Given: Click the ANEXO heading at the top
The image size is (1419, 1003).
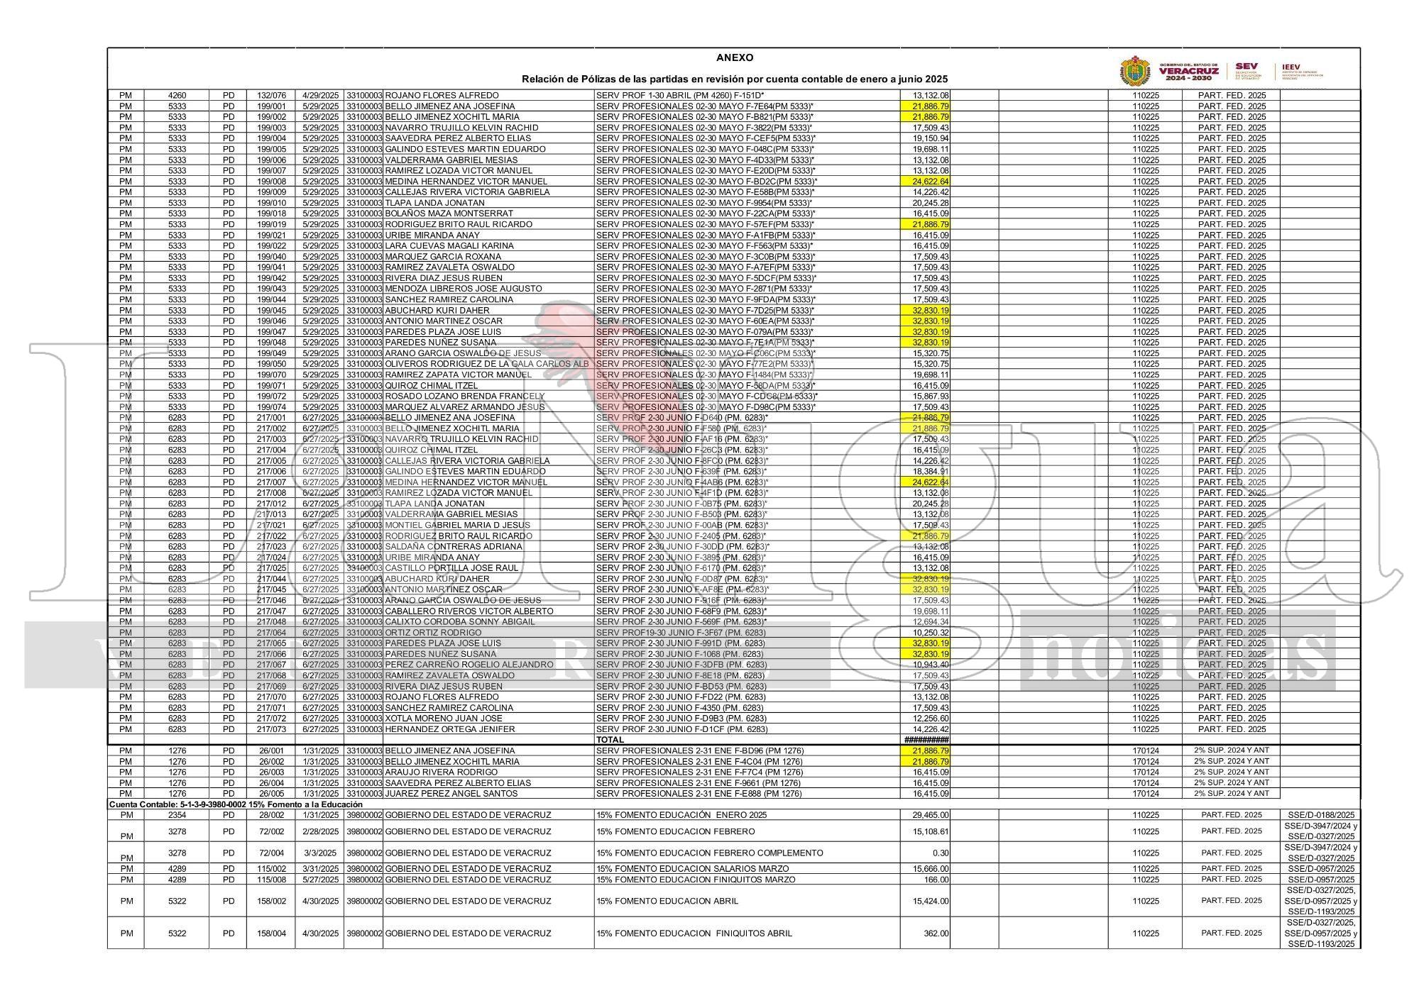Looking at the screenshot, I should click(735, 58).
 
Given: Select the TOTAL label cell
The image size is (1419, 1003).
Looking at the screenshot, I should click(610, 740).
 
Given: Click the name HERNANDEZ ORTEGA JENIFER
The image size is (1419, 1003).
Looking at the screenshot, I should click(449, 729).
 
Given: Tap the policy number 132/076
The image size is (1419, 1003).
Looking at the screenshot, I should click(271, 95).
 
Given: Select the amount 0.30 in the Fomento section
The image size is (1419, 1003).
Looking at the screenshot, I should click(941, 853).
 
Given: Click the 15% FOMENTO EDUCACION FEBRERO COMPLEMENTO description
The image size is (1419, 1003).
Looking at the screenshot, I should click(710, 853).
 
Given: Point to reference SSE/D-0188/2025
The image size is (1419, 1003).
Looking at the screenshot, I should click(1321, 815).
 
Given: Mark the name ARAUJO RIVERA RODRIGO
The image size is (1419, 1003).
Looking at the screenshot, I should click(441, 772).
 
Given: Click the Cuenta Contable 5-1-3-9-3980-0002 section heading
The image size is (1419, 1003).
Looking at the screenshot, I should click(235, 804).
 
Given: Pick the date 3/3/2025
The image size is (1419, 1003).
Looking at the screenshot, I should click(320, 853).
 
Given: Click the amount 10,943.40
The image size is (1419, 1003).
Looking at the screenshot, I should click(930, 665).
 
